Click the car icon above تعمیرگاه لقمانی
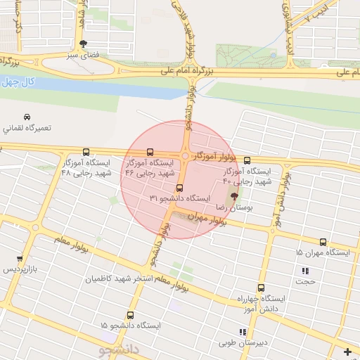coord(26,116)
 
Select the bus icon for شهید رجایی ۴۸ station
coord(86,152)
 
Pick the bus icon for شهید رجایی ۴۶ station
coord(149,152)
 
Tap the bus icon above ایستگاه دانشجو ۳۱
coord(180,188)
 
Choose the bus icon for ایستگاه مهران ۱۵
coord(323,241)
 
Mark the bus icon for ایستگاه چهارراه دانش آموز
coord(261,288)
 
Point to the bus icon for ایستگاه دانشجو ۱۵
coord(129,315)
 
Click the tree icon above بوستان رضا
coord(233,197)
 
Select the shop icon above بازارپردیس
coord(19,258)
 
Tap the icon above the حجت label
coord(305,271)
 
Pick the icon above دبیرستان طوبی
coord(242,332)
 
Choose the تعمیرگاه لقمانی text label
coord(27,129)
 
